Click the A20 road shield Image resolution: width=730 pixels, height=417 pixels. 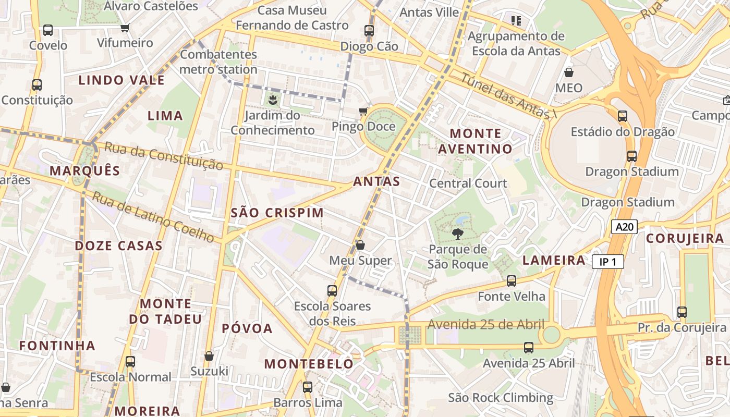click(624, 227)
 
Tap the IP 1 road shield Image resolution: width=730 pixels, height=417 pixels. click(607, 262)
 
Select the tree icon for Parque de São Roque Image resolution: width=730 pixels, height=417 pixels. click(458, 234)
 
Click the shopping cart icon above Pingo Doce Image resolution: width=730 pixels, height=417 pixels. click(363, 111)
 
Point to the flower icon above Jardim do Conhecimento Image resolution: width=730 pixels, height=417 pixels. click(272, 99)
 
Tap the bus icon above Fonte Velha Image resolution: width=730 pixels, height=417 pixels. click(512, 281)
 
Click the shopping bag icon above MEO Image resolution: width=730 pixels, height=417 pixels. click(569, 72)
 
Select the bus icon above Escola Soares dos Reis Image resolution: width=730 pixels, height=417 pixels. click(332, 290)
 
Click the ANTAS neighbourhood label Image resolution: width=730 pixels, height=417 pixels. click(376, 181)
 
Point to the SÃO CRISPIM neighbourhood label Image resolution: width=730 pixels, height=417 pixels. click(277, 213)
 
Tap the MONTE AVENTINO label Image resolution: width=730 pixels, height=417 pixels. click(475, 141)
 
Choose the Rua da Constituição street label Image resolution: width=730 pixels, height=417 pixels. click(163, 156)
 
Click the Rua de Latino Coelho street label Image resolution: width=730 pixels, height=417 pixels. click(153, 217)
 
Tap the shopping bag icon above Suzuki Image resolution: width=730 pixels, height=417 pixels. click(209, 356)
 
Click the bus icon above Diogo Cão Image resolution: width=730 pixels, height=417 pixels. click(369, 30)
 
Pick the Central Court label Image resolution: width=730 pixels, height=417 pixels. click(468, 183)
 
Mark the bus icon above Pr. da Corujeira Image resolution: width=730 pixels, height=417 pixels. click(682, 312)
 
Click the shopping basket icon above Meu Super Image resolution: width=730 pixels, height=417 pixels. click(360, 244)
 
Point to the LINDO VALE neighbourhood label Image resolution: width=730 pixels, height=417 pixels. click(121, 80)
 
